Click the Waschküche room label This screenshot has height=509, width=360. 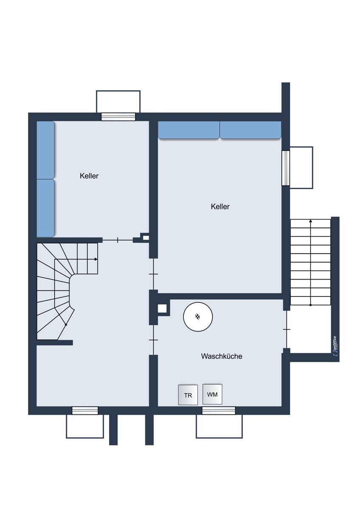221,356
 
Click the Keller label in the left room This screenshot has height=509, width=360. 89,176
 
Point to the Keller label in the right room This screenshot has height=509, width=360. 220,207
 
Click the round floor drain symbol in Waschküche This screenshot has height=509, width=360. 198,317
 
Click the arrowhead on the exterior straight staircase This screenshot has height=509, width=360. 311,221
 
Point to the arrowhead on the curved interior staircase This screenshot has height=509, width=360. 96,259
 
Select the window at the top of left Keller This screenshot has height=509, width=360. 118,117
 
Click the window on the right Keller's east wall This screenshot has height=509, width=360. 286,168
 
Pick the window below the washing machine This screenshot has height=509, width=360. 219,411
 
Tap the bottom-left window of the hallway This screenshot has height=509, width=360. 85,411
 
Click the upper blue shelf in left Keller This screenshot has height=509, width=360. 45,150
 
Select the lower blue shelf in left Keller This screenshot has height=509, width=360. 45,208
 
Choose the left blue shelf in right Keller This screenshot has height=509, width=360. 189,130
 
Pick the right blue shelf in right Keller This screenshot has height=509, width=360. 250,130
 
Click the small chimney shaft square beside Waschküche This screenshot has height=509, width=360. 162,309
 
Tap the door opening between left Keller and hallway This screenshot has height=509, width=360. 118,240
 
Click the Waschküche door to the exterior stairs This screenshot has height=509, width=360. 287,329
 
